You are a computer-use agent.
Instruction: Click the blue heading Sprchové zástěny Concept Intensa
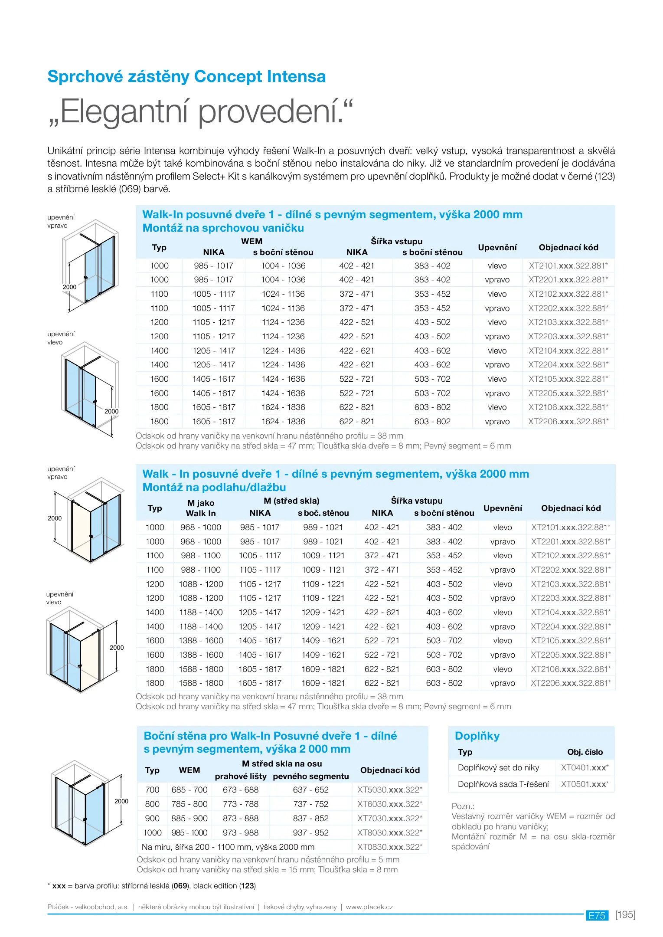pyautogui.click(x=186, y=77)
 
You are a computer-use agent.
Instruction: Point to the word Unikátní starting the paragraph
pyautogui.click(x=65, y=151)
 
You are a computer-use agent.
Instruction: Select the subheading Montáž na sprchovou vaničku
pyautogui.click(x=223, y=228)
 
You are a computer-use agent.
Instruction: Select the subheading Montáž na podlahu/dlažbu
pyautogui.click(x=214, y=488)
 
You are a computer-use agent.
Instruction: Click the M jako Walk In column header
pyautogui.click(x=200, y=508)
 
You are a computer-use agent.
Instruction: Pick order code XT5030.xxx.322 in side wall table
pyautogui.click(x=389, y=790)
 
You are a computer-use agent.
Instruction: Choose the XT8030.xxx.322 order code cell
pyautogui.click(x=389, y=832)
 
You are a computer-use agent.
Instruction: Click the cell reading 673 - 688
pyautogui.click(x=240, y=790)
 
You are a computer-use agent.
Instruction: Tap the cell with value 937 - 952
pyautogui.click(x=310, y=832)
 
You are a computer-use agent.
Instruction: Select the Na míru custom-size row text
pyautogui.click(x=228, y=847)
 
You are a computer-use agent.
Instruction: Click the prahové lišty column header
pyautogui.click(x=240, y=776)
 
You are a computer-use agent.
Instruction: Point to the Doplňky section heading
pyautogui.click(x=477, y=736)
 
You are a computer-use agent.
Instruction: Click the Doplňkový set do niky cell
pyautogui.click(x=498, y=768)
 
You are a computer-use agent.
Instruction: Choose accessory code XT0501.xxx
pyautogui.click(x=585, y=784)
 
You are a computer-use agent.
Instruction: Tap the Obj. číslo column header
pyautogui.click(x=585, y=752)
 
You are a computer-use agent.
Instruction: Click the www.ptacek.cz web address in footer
pyautogui.click(x=369, y=907)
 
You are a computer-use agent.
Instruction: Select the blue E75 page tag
pyautogui.click(x=597, y=916)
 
